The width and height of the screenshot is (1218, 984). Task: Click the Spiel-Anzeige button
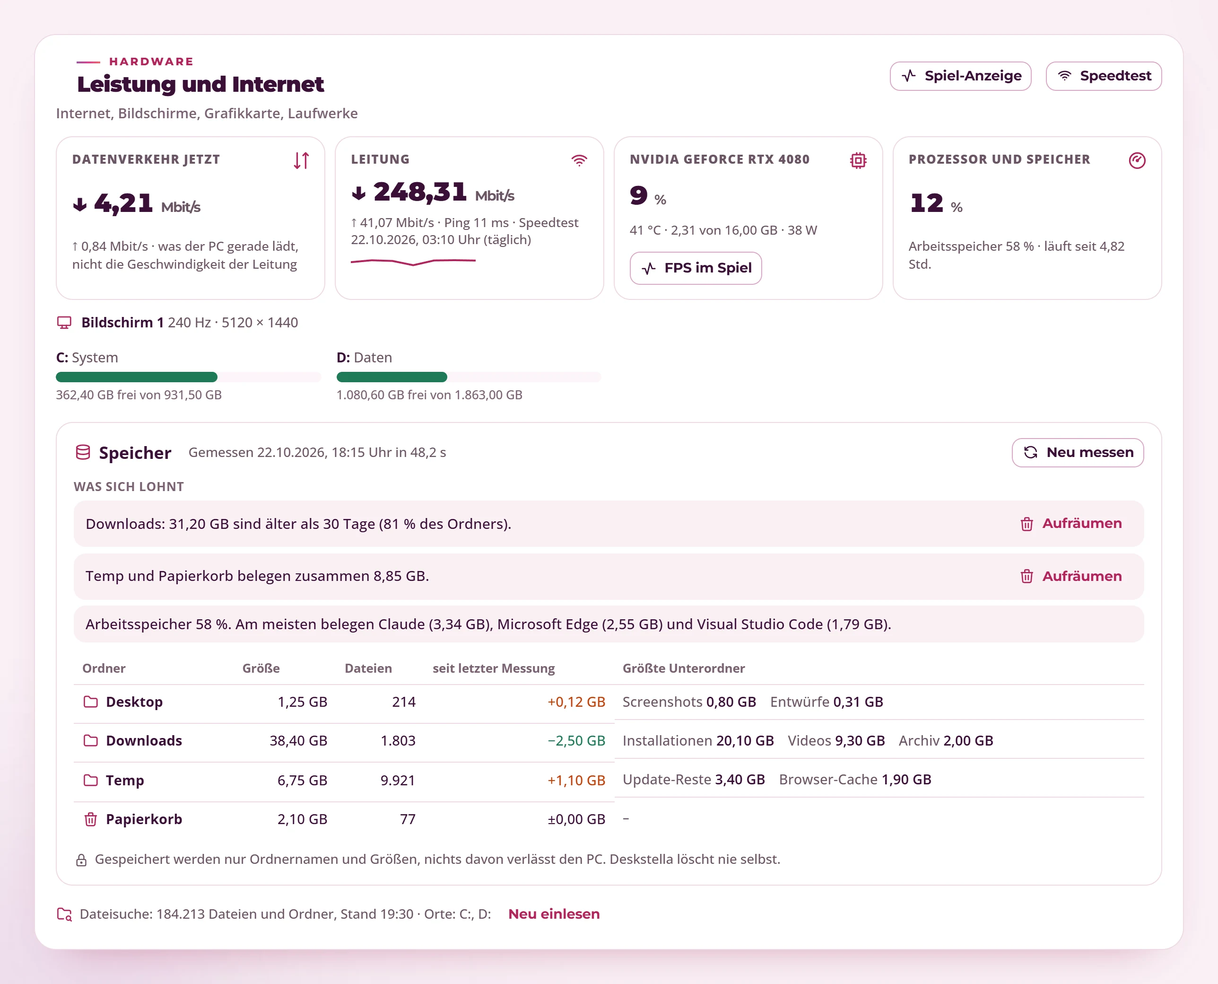coord(960,76)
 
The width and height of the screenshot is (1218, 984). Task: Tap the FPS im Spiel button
coord(696,268)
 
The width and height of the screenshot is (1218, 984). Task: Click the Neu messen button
coord(1078,452)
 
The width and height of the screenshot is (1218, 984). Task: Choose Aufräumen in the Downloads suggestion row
coord(1070,524)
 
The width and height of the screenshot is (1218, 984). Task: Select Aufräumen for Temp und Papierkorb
coord(1070,577)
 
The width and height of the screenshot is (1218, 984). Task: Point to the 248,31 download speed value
coord(420,192)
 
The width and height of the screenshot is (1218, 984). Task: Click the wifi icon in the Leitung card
coord(579,160)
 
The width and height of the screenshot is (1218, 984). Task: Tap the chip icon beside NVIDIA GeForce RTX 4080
coord(858,160)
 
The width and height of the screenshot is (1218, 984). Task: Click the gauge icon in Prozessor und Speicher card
coord(1137,160)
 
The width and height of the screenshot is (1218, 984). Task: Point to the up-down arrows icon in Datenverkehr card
coord(301,160)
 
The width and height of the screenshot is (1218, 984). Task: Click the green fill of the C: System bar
coord(137,377)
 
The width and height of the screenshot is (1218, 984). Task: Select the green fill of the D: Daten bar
coord(392,377)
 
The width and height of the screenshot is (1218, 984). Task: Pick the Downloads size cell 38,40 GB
coord(298,741)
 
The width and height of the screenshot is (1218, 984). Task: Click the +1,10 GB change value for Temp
coord(576,781)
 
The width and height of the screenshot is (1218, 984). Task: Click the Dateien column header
coord(368,668)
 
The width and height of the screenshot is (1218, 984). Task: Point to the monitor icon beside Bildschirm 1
coord(64,323)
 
